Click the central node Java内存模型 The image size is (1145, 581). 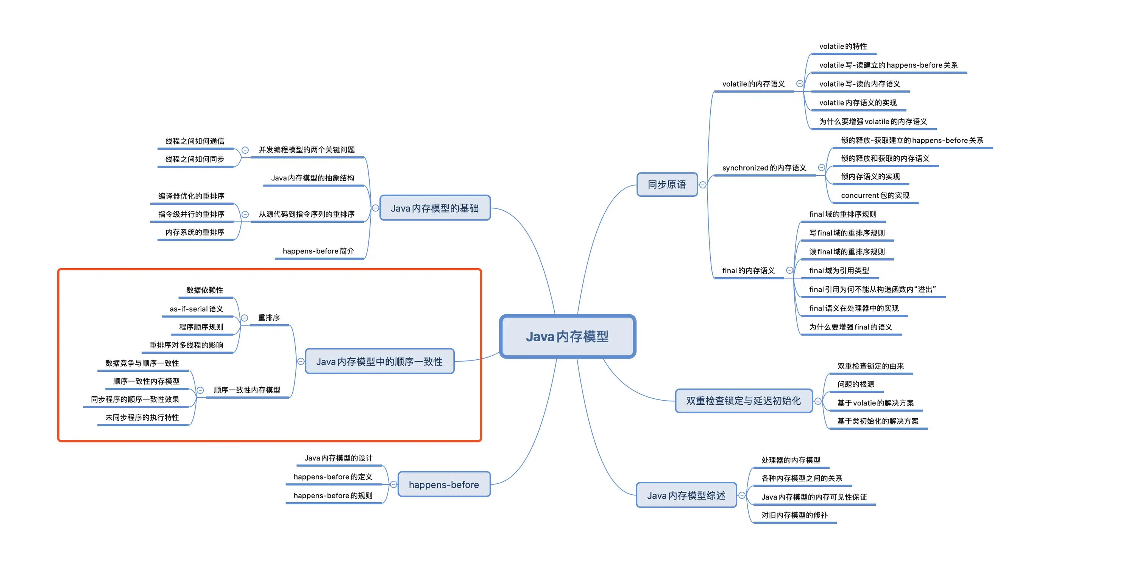click(x=567, y=336)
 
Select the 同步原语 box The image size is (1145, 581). click(x=666, y=184)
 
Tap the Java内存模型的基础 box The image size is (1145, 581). click(x=434, y=208)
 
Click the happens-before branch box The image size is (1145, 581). click(x=444, y=484)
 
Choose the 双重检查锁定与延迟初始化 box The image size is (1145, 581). click(x=743, y=401)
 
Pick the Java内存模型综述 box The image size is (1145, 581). click(x=686, y=495)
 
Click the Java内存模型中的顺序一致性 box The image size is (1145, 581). click(x=379, y=362)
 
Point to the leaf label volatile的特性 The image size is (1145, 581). click(x=843, y=46)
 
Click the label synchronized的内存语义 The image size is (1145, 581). click(x=764, y=168)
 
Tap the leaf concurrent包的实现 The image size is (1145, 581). click(x=875, y=196)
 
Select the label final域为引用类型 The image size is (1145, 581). click(x=839, y=270)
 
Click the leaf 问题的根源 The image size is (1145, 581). click(x=856, y=384)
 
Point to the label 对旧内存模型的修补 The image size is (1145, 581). click(x=794, y=515)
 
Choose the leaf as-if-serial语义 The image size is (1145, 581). click(x=197, y=309)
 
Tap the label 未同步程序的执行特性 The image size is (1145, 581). click(x=142, y=418)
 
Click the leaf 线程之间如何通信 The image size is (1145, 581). click(x=195, y=141)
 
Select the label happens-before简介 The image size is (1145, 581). click(x=318, y=251)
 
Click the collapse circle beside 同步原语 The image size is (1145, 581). click(x=703, y=185)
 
